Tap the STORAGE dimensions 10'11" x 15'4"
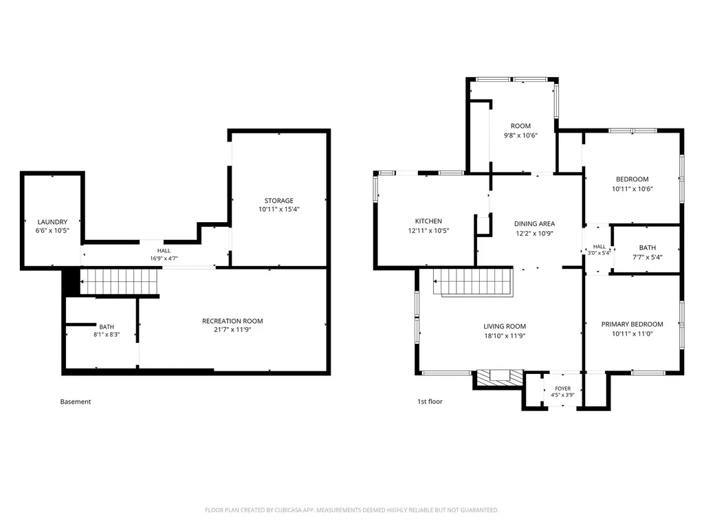click(x=279, y=209)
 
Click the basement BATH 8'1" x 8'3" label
click(x=107, y=331)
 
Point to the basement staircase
click(x=120, y=281)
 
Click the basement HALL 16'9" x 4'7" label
click(x=164, y=254)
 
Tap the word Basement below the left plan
click(x=76, y=401)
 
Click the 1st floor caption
click(x=430, y=401)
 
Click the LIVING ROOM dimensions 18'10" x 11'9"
click(x=505, y=335)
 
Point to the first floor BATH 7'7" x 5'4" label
click(x=648, y=252)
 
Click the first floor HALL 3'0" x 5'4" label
click(x=599, y=250)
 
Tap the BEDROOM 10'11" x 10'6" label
click(x=632, y=184)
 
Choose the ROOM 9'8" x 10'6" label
click(x=520, y=131)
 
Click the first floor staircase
click(x=473, y=282)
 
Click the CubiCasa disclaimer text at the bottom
click(x=351, y=510)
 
